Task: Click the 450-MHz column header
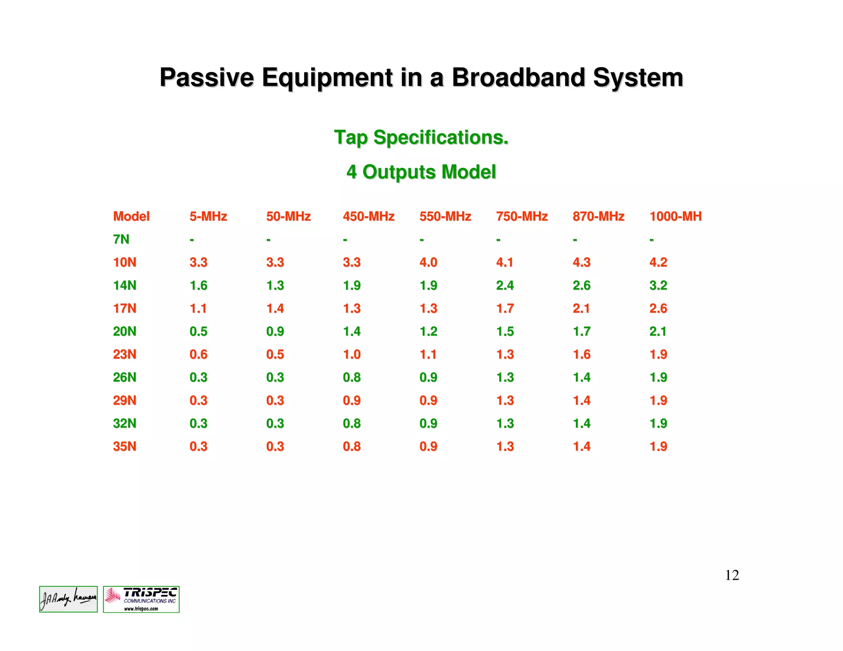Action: (x=368, y=216)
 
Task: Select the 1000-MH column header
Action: (x=675, y=216)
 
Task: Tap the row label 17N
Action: (x=124, y=308)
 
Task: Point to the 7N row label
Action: (x=121, y=239)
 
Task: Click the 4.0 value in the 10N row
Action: (x=428, y=262)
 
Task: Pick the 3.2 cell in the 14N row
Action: (x=658, y=285)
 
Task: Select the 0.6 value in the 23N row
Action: (x=198, y=354)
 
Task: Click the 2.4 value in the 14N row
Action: (x=505, y=285)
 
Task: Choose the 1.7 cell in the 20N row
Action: (x=582, y=331)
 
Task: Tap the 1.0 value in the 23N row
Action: (x=352, y=354)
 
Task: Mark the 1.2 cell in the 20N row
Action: (x=428, y=331)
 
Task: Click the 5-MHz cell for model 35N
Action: (x=198, y=446)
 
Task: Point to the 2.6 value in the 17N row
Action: (x=658, y=308)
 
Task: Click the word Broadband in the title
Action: (x=518, y=77)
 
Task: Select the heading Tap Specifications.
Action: (x=421, y=137)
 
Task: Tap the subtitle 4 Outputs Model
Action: (x=421, y=172)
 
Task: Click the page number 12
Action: (x=732, y=575)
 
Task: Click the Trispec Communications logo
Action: (x=141, y=599)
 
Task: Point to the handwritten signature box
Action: (x=68, y=599)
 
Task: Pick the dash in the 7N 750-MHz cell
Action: (x=498, y=239)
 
